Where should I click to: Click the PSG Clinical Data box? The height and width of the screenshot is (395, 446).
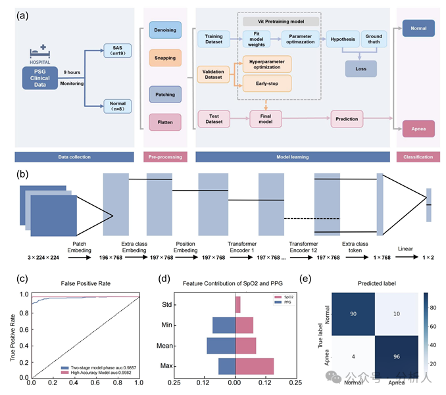pyautogui.click(x=40, y=77)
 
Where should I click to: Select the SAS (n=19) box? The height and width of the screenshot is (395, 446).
pyautogui.click(x=118, y=51)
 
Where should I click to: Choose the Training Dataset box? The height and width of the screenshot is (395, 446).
pyautogui.click(x=214, y=40)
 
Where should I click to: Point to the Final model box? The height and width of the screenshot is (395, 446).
pyautogui.click(x=265, y=119)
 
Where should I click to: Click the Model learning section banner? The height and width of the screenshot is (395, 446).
pyautogui.click(x=293, y=157)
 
